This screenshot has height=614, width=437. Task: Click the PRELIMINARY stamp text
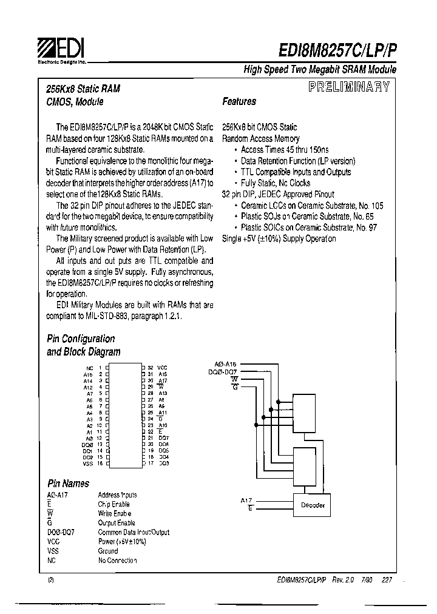point(349,87)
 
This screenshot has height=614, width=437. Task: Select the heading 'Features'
point(239,102)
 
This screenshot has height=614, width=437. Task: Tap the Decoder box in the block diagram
point(313,505)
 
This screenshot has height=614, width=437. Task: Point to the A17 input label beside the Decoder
point(246,500)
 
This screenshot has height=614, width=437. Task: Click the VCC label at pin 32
point(162,368)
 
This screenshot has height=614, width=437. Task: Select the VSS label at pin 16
point(87,464)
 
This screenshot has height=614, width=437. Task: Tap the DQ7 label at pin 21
point(163,438)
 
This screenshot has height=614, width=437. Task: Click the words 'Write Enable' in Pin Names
point(115,513)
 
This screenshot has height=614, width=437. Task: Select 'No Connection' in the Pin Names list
point(118,561)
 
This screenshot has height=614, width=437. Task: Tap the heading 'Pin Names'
point(68,484)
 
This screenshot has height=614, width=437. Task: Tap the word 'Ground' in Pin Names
point(108,551)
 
